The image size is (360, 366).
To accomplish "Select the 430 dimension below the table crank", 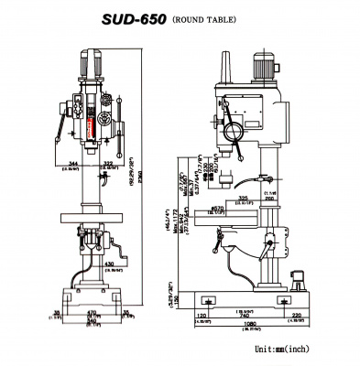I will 110,264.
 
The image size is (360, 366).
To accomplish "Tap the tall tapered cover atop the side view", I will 225,61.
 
